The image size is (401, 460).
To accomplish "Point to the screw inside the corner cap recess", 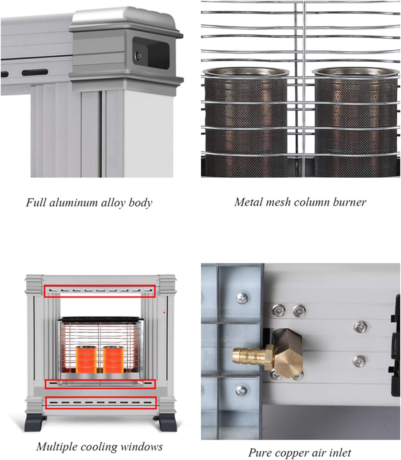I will [138, 56].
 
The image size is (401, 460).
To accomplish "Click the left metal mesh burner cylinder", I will [245, 123].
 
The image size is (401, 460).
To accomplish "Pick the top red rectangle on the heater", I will [100, 291].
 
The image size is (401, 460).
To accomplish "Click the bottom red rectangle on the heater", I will [101, 403].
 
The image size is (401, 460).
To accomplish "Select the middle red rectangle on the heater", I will [100, 384].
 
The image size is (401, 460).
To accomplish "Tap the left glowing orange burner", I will [86, 359].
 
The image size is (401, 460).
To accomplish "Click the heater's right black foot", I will [167, 423].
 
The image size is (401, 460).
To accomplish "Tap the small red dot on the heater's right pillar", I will [164, 312].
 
